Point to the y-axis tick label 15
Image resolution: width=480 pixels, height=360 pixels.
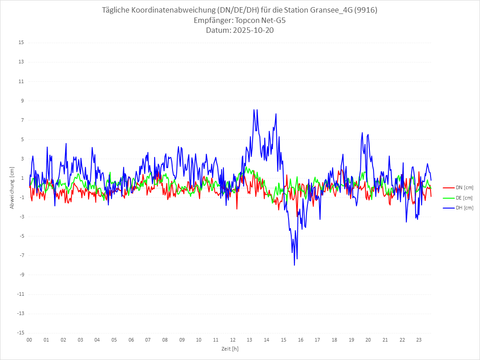tap(21, 43)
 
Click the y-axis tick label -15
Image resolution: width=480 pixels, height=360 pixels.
tap(20, 333)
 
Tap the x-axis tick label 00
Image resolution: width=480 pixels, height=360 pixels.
tap(29, 340)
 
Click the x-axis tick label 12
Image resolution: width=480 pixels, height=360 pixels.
tap(233, 340)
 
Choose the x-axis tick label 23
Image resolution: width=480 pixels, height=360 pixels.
tap(419, 340)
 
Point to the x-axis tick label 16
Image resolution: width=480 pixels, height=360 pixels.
tap(301, 340)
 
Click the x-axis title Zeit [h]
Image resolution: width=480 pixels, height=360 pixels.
tap(230, 348)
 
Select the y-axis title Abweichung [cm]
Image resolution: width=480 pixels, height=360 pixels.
tap(12, 187)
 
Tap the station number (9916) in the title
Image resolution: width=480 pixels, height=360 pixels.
tap(365, 10)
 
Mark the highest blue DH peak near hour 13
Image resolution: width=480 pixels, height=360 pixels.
tap(254, 110)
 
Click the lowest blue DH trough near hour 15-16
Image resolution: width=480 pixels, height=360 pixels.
tap(294, 265)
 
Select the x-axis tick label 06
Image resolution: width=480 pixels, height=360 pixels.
tap(131, 340)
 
